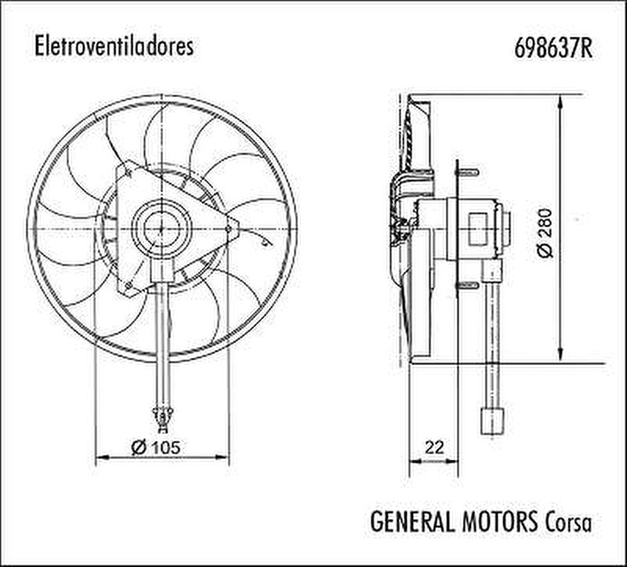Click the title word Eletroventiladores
click(114, 47)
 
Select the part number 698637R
click(554, 47)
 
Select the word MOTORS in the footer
click(500, 521)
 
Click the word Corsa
click(568, 522)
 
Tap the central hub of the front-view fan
click(161, 228)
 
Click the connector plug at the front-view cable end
click(162, 418)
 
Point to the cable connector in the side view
click(492, 420)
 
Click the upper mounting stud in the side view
click(469, 171)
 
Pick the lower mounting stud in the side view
click(469, 285)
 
